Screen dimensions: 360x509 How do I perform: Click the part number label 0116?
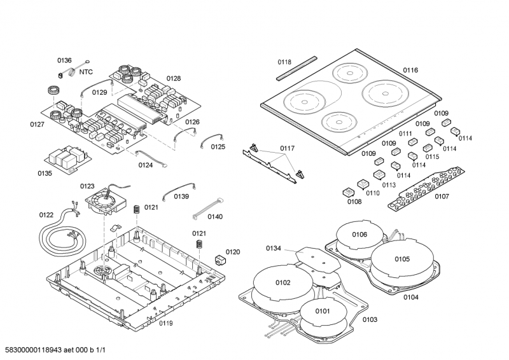pyautogui.click(x=410, y=69)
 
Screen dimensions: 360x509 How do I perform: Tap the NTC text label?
pyautogui.click(x=86, y=72)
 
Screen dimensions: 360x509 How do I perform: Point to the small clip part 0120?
pyautogui.click(x=220, y=259)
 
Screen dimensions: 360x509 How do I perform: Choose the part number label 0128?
pyautogui.click(x=174, y=79)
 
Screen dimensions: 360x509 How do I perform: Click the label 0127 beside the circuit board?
pyautogui.click(x=37, y=124)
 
